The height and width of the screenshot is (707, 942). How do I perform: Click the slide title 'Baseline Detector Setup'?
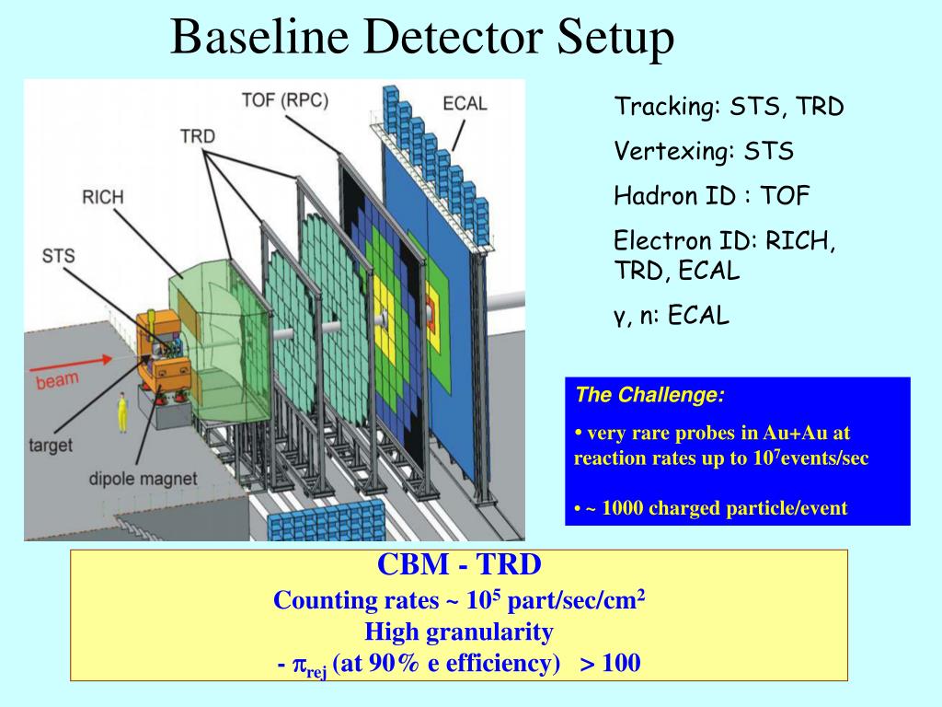[x=422, y=38]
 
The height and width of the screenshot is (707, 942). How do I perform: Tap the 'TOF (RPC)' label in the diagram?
[x=285, y=100]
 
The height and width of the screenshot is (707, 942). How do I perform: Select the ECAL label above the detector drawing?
[x=465, y=102]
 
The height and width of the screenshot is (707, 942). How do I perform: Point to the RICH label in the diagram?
[x=103, y=197]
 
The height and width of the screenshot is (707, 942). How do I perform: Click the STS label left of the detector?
[x=58, y=255]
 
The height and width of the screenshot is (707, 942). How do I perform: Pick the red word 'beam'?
[x=58, y=378]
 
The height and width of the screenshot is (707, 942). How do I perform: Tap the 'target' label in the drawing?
[x=51, y=446]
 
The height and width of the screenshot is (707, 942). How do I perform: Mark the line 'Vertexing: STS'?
[x=704, y=151]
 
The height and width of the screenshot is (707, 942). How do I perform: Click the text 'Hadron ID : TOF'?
[x=712, y=195]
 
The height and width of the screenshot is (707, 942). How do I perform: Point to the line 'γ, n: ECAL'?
[x=672, y=316]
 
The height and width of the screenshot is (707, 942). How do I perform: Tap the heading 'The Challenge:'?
[x=649, y=396]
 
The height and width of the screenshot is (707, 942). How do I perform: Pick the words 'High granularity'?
[x=459, y=632]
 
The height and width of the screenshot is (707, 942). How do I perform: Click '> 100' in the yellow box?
[x=609, y=663]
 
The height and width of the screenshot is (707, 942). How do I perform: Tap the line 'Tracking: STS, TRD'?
[x=729, y=107]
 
